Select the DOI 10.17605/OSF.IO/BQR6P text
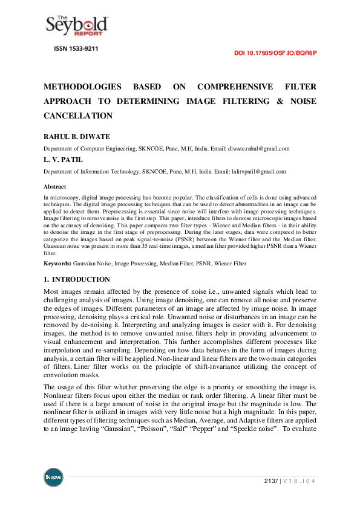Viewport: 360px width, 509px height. coord(275,53)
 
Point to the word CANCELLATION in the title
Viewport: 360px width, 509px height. coord(78,115)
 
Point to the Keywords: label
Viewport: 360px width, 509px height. coord(57,264)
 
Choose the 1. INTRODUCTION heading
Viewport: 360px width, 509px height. coord(77,279)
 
